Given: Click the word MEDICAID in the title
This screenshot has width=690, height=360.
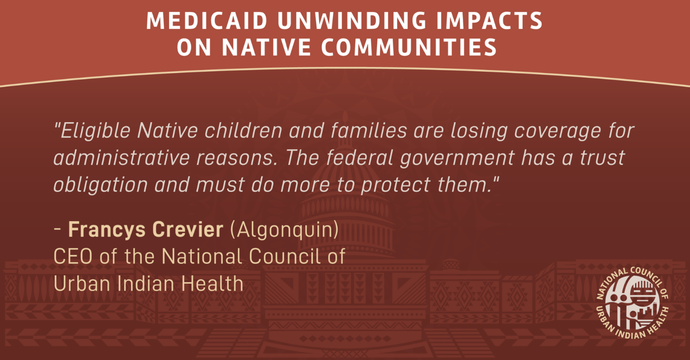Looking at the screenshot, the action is point(206,21).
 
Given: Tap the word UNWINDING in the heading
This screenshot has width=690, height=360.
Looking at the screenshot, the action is point(352,21).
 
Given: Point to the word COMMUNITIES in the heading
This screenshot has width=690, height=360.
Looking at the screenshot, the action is point(409,47).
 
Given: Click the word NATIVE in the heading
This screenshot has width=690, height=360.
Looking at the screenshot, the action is point(266,47).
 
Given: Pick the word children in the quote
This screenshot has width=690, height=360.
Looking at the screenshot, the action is point(243,131).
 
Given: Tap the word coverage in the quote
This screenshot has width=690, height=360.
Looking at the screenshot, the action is point(558,132).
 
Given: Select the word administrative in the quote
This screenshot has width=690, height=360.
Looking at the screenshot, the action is point(122,158).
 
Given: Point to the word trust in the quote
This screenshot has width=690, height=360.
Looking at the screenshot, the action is point(602,158).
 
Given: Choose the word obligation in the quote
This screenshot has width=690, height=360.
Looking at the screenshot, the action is point(101,185).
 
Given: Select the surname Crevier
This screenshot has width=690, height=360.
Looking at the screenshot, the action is point(188,229).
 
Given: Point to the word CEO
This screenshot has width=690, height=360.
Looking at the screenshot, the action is point(73,256).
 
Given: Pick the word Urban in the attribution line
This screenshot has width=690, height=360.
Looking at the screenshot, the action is point(82,284).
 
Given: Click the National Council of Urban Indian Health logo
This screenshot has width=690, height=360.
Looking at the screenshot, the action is point(632,303).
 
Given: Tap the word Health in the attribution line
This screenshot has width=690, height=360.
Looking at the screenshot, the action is point(212,284).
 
